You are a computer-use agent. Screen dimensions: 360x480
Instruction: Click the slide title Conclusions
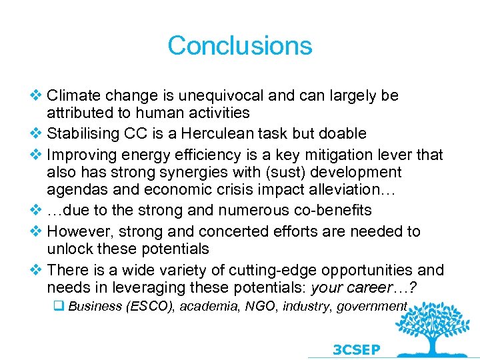(239, 45)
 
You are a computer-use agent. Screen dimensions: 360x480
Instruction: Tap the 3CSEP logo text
(356, 349)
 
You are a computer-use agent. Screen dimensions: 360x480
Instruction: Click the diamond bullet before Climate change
(37, 95)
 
